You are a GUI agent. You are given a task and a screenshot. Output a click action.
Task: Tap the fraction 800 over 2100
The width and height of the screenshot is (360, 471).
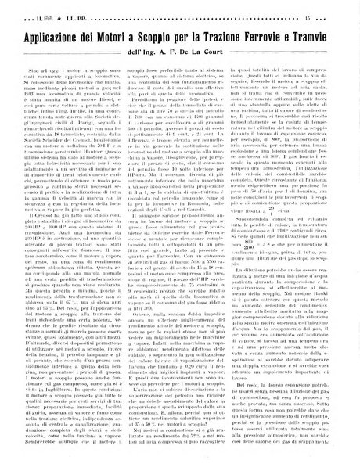[290, 264]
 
